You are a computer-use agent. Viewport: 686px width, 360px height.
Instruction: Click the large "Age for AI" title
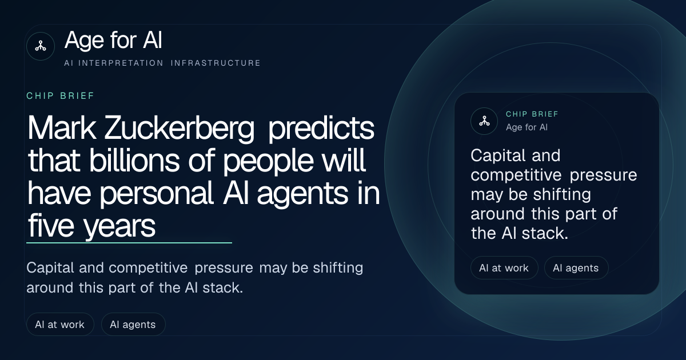coord(113,40)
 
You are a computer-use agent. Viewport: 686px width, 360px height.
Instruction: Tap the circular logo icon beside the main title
coord(41,46)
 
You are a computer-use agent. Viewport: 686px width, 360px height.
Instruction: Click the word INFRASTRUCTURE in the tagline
coord(216,63)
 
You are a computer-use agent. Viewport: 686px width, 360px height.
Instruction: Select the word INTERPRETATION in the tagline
coord(121,63)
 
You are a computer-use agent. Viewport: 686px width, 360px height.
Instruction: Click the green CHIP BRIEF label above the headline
coord(61,96)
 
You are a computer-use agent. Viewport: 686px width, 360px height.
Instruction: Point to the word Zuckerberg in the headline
coord(179,128)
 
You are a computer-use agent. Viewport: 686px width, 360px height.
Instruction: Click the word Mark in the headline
coord(62,127)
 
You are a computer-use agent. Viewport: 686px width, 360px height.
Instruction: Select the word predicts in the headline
coord(321,129)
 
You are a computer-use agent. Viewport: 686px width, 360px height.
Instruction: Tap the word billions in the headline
coord(134,160)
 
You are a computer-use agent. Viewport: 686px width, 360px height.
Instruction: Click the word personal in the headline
coord(157,194)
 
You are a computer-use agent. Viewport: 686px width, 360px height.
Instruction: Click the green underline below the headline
coord(129,243)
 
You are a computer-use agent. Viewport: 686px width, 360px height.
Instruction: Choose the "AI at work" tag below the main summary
coord(60,324)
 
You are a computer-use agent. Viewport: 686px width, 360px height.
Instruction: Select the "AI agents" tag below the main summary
coord(133,324)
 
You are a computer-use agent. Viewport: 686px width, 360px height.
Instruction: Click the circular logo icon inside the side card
coord(484,121)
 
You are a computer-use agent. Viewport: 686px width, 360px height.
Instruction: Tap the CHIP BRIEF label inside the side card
coord(532,114)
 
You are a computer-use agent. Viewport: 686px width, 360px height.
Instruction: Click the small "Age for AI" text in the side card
coord(527,127)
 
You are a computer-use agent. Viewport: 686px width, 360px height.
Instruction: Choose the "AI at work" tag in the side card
coord(504,268)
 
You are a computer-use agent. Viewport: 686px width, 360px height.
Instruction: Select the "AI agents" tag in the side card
coord(576,268)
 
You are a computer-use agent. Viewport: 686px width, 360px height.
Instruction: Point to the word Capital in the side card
coord(498,156)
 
